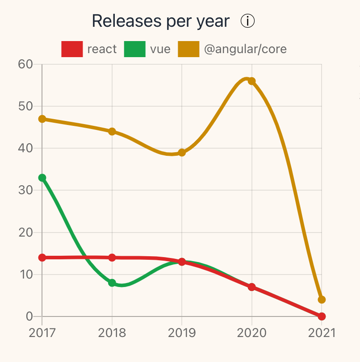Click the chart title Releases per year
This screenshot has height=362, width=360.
point(161,21)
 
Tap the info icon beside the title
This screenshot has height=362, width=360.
point(247,21)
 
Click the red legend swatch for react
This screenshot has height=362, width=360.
point(72,49)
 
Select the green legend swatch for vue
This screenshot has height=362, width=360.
point(135,49)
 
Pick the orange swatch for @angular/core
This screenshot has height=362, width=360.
point(188,49)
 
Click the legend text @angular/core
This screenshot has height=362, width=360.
point(245,49)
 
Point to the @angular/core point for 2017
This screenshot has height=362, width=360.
point(42,119)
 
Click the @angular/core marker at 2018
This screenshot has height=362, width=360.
point(112,132)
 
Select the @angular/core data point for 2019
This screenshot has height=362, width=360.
point(182,153)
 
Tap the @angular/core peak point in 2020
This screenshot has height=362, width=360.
point(252,81)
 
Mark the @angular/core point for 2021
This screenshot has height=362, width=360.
point(322,300)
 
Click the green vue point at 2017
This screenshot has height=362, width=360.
point(42,178)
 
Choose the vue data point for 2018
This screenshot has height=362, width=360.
point(112,283)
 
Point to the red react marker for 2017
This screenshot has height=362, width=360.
point(42,258)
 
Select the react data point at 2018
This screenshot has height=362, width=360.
point(112,258)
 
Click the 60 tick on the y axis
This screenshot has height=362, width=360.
point(25,64)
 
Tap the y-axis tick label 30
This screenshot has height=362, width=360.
point(25,190)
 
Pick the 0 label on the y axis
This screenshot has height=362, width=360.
point(29,316)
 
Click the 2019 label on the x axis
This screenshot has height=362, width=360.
point(182,333)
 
